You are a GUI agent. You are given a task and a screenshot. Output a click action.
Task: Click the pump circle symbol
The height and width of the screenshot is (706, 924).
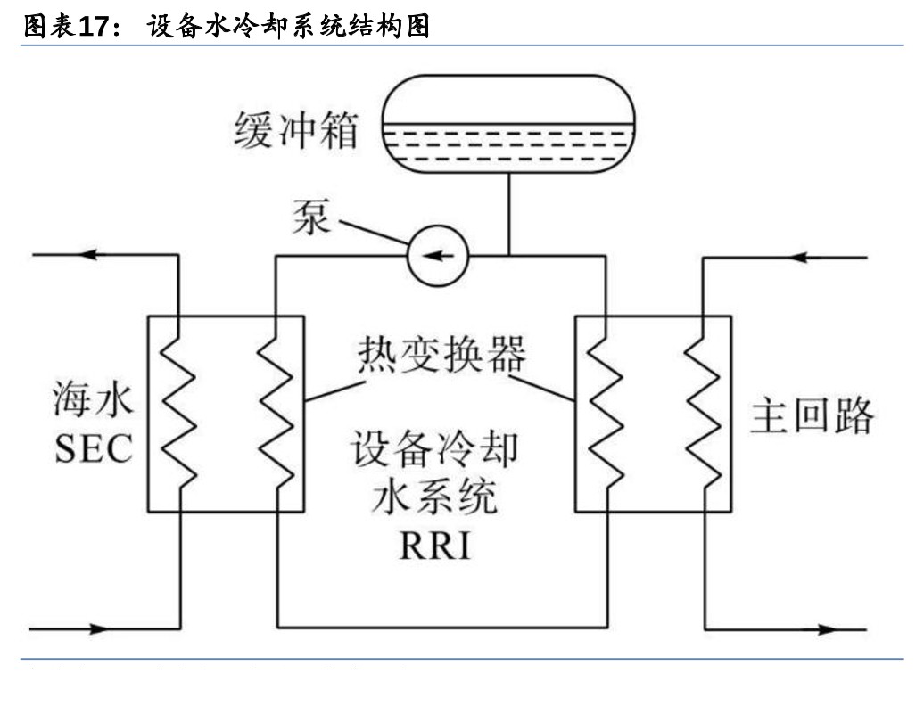click(437, 256)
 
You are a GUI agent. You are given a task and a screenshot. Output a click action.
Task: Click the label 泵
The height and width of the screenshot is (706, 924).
click(311, 217)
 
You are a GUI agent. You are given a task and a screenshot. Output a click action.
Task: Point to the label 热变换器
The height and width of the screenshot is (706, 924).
click(441, 355)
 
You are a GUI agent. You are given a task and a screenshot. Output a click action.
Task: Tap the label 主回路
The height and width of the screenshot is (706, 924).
click(813, 415)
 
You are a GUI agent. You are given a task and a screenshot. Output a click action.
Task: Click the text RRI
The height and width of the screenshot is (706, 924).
click(434, 546)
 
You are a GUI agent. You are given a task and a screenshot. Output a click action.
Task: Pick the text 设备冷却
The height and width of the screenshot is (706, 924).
click(434, 450)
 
